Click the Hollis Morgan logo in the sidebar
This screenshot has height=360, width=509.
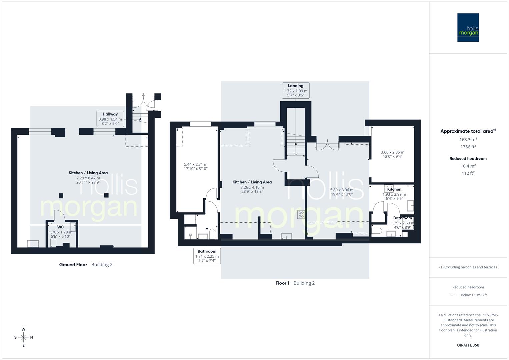click(468, 28)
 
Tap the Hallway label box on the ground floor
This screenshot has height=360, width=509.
click(110, 119)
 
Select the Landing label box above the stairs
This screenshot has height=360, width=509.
click(296, 91)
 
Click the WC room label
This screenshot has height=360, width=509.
click(60, 227)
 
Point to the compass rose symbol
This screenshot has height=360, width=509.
click(23, 337)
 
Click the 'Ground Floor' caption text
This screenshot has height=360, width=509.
click(73, 265)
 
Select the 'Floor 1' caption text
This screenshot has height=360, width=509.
click(282, 283)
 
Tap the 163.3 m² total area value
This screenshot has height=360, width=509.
click(468, 140)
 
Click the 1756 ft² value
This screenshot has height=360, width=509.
click(468, 147)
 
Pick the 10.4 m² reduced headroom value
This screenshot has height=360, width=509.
click(468, 166)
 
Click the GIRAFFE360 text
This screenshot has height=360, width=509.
click(468, 345)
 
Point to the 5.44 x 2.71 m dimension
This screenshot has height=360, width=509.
click(196, 164)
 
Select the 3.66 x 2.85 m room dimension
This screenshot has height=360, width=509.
click(393, 152)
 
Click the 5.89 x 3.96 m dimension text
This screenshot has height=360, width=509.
click(342, 190)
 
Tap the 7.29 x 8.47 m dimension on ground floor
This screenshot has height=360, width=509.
click(88, 178)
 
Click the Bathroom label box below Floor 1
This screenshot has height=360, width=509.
click(207, 256)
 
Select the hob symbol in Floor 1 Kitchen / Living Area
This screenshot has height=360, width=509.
click(301, 214)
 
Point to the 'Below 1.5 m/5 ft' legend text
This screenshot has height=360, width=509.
click(474, 295)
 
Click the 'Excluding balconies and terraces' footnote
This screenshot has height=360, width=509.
click(468, 267)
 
